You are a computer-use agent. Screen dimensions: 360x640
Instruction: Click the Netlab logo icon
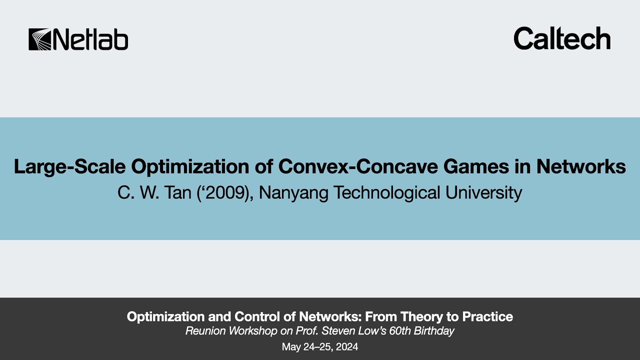(x=39, y=39)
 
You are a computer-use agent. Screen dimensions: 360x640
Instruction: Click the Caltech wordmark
(x=562, y=38)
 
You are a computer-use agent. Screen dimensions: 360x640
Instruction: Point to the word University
(x=481, y=192)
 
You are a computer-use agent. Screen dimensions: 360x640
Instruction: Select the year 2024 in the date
(x=346, y=347)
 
